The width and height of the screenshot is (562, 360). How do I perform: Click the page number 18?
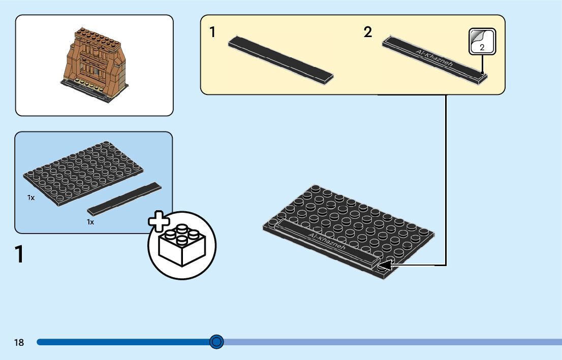pyautogui.click(x=19, y=343)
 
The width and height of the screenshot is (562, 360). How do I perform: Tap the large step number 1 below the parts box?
pyautogui.click(x=20, y=254)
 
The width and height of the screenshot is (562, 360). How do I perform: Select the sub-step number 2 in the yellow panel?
pyautogui.click(x=368, y=33)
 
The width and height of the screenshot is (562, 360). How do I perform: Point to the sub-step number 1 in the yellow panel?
pyautogui.click(x=212, y=33)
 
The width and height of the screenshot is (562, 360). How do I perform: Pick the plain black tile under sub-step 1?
pyautogui.click(x=280, y=59)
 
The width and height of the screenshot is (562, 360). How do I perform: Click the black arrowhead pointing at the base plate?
pyautogui.click(x=386, y=265)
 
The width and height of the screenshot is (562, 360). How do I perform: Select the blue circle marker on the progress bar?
pyautogui.click(x=217, y=342)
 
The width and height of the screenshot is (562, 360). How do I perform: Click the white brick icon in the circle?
pyautogui.click(x=181, y=245)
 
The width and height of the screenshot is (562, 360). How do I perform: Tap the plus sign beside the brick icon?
pyautogui.click(x=159, y=222)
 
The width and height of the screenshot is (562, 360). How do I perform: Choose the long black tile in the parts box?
pyautogui.click(x=124, y=198)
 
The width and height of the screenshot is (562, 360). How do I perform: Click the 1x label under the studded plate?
pyautogui.click(x=31, y=198)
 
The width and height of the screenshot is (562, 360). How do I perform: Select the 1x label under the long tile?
pyautogui.click(x=90, y=222)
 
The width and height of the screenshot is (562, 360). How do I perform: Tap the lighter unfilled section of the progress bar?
pyautogui.click(x=391, y=342)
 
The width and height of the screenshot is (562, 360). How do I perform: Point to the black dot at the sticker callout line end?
pyautogui.click(x=482, y=73)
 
